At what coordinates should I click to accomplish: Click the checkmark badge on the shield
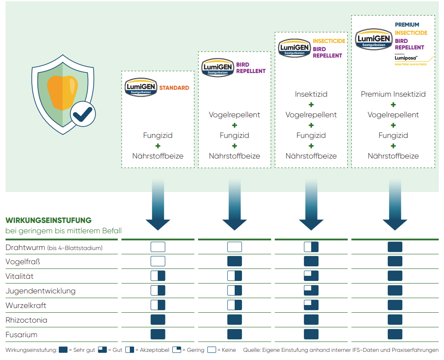point(83,114)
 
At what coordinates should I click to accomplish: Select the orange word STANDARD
point(174,88)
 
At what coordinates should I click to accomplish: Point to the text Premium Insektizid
point(393,94)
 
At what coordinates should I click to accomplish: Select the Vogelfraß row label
point(23,262)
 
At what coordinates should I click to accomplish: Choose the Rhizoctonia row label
point(26,320)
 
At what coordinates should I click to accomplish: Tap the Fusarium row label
point(21,335)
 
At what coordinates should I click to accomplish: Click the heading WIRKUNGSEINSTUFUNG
point(49,220)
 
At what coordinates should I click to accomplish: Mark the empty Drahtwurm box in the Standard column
point(158,247)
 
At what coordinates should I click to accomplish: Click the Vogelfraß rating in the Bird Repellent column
point(235,262)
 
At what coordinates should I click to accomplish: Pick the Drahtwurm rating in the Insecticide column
point(311,247)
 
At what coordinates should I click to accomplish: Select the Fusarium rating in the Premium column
point(395,335)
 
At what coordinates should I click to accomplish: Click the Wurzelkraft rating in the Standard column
point(158,305)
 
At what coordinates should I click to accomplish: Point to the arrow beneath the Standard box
point(158,206)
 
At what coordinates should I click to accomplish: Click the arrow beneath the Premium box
point(395,206)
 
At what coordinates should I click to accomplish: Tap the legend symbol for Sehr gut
point(63,350)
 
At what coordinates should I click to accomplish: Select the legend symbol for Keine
point(211,350)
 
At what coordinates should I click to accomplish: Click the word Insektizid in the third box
point(311,94)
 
